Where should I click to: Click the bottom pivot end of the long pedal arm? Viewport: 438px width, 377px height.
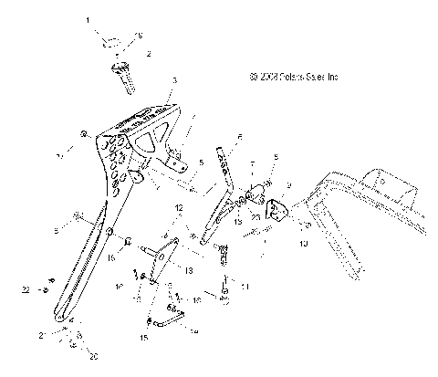(61, 319)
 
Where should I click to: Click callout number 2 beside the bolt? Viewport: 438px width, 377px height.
(150, 56)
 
